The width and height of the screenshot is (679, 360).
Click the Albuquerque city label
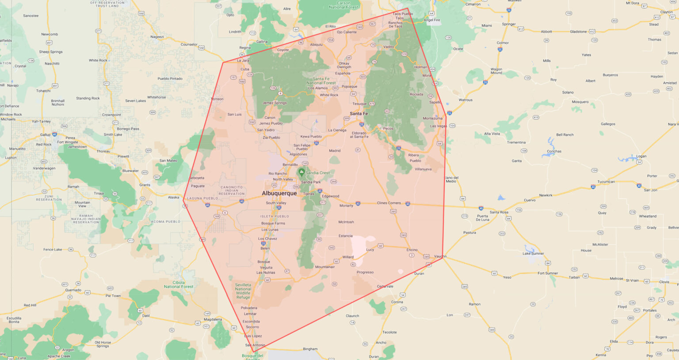point(279,193)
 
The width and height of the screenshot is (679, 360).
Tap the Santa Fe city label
point(359,114)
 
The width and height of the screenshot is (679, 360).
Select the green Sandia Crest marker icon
point(301,172)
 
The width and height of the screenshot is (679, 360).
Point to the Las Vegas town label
point(439,126)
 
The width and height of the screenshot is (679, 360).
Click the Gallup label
point(46,134)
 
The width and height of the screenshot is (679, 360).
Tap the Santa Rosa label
point(499,212)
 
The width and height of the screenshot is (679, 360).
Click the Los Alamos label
point(318,88)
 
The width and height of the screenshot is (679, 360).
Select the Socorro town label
point(252,327)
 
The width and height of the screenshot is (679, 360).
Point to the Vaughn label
point(440,257)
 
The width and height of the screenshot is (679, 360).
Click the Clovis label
point(664,282)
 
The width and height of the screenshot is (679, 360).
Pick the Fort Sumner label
point(548,273)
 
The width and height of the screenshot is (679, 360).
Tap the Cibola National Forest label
point(179,284)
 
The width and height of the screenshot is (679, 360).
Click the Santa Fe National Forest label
point(321,80)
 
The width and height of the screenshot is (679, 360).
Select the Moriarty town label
point(346,206)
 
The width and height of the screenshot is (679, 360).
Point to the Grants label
point(145,185)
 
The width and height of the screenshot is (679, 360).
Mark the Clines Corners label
point(389,203)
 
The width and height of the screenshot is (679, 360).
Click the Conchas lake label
point(554,151)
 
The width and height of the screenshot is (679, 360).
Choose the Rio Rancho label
point(278,173)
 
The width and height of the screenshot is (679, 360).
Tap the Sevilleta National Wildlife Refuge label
point(243,291)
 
